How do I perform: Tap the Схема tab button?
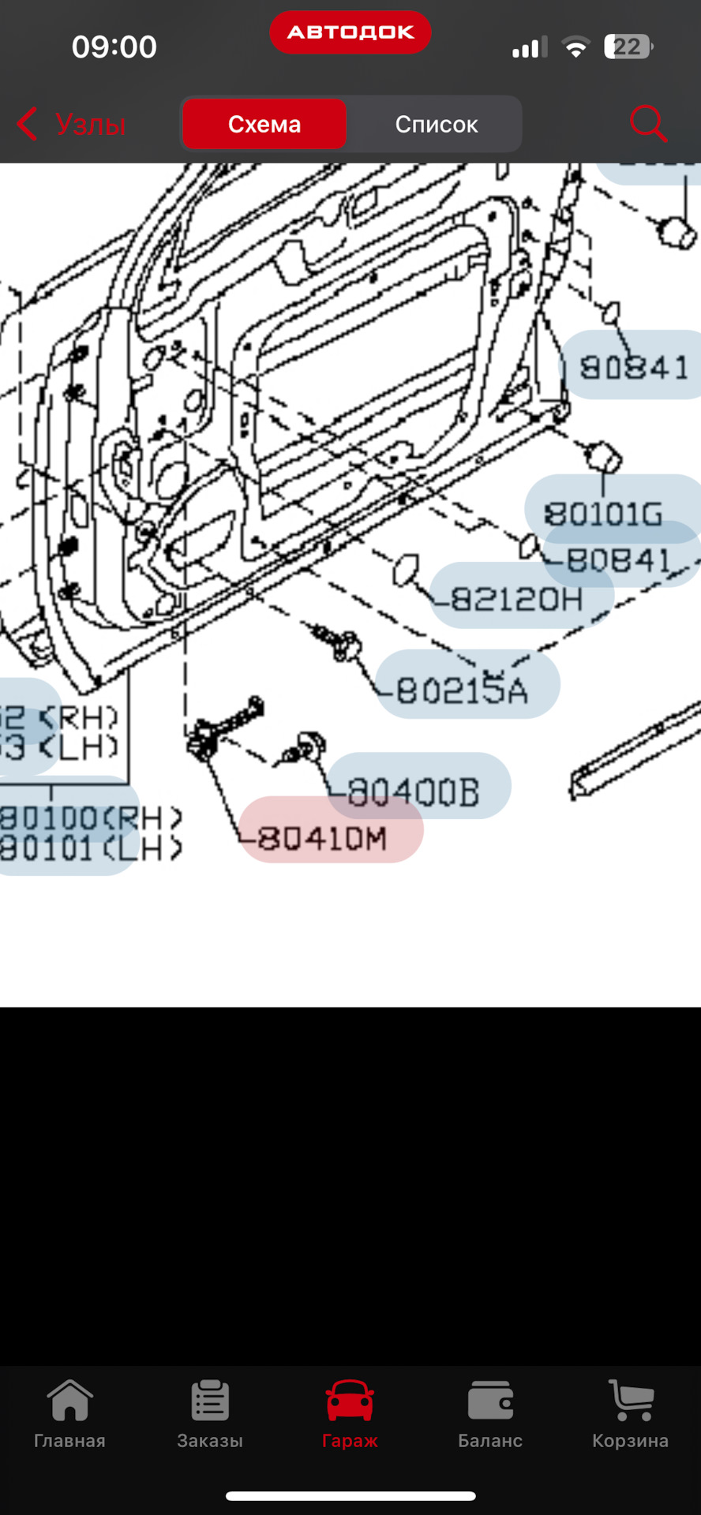point(264,124)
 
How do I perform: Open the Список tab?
point(436,124)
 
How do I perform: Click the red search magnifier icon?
point(648,124)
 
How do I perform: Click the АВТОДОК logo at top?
point(350,32)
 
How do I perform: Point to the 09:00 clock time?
point(114,47)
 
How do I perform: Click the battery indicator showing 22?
point(628,47)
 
